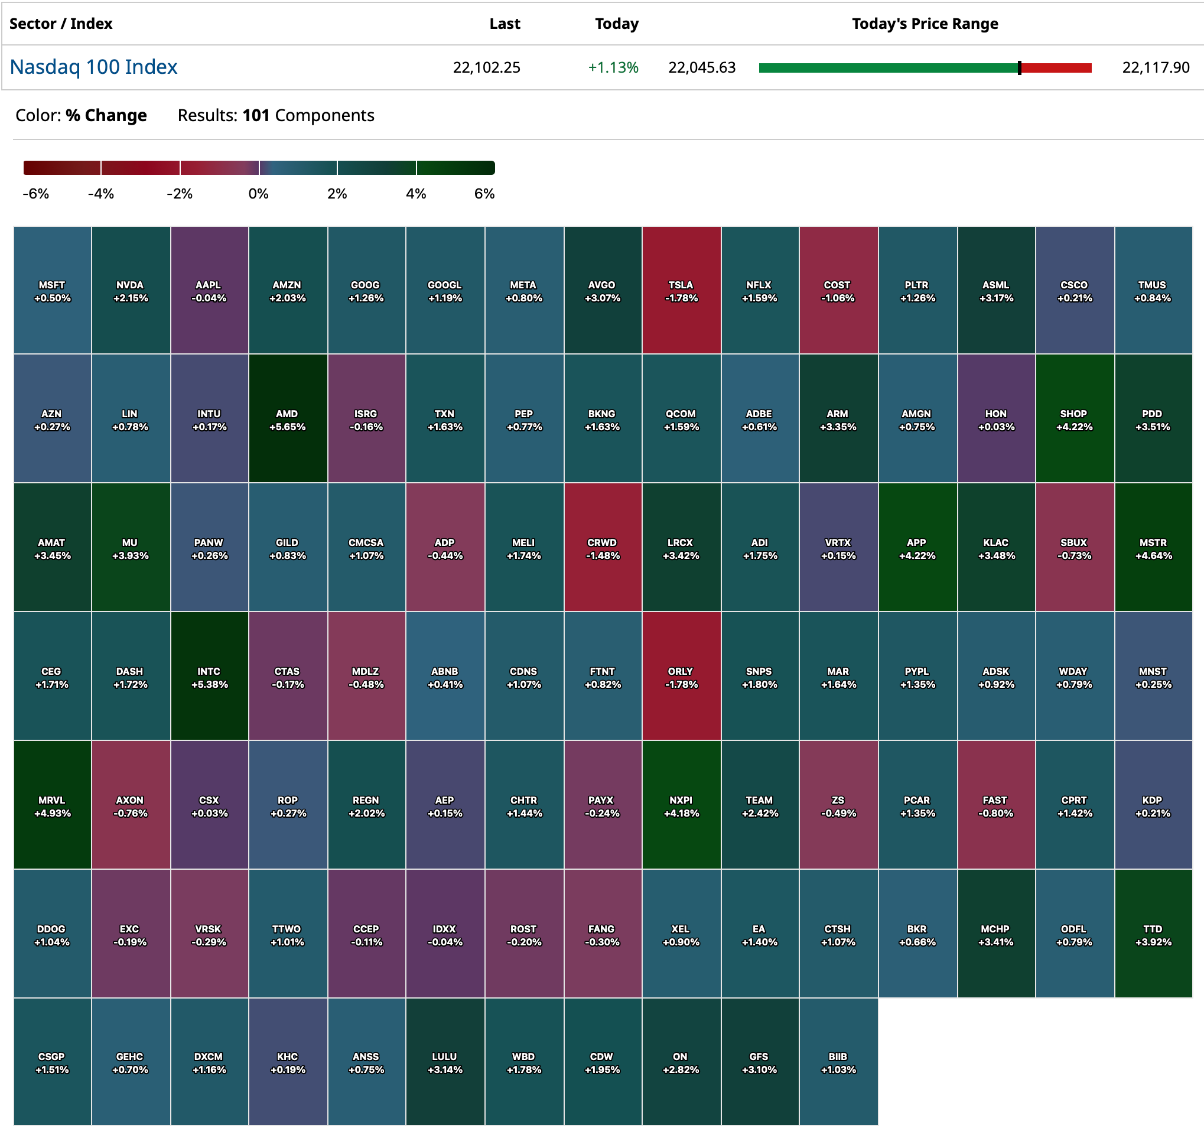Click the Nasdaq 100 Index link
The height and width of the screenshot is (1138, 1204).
(x=93, y=67)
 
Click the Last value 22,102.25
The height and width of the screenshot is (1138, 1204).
(x=486, y=67)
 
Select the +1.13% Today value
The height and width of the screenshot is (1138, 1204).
(x=613, y=67)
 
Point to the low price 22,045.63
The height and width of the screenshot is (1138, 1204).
(x=701, y=67)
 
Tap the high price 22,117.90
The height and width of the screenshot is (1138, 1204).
(x=1155, y=67)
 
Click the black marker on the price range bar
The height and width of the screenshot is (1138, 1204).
(x=1019, y=68)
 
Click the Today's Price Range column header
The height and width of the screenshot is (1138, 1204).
(x=925, y=24)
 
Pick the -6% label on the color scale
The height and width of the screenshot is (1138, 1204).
(x=36, y=194)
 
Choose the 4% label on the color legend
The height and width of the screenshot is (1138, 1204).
(x=415, y=194)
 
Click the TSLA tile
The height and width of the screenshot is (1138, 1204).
(x=681, y=290)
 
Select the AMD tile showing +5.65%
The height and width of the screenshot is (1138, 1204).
(x=288, y=418)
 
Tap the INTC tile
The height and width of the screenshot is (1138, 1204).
(x=209, y=677)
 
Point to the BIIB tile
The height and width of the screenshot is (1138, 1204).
(x=838, y=1062)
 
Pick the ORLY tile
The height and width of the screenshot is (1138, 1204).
(x=681, y=677)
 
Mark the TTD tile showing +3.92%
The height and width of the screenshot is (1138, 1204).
(x=1153, y=934)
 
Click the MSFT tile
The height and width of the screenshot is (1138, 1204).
(x=52, y=290)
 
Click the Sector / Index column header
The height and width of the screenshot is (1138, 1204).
(x=61, y=24)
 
